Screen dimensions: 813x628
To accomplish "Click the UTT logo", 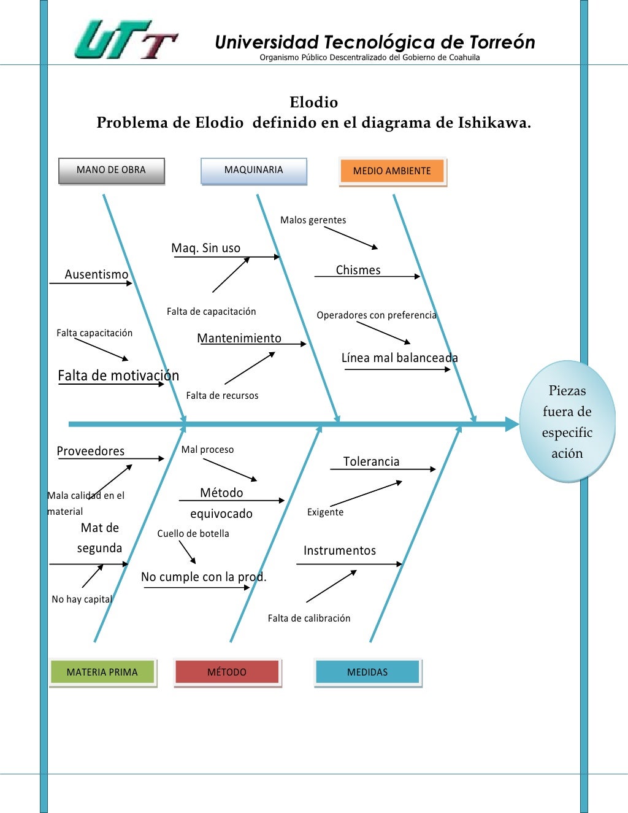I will [126, 39].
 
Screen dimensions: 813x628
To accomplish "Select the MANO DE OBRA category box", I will [111, 171].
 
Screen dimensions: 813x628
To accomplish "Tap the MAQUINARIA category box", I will [253, 171].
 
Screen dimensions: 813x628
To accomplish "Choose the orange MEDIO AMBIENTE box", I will [392, 171].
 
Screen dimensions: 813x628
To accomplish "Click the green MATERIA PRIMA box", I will [102, 672].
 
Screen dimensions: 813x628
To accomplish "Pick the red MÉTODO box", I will [227, 672].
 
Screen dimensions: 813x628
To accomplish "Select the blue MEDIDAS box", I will [367, 672].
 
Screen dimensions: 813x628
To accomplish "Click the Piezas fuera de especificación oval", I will [567, 422].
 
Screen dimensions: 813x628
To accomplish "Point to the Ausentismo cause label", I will [97, 274].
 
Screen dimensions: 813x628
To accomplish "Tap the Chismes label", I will [358, 270].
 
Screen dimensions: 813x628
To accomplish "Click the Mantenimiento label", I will [239, 338].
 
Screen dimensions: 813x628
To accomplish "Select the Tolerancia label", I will [371, 461].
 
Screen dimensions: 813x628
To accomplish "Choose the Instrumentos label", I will [340, 550].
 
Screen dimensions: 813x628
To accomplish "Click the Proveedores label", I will [91, 451].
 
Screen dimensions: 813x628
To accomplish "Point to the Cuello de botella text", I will [193, 534].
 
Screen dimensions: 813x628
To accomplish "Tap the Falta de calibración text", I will [309, 618].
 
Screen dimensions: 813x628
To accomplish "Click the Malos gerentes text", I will [313, 220].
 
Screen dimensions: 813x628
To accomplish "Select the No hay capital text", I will [82, 599].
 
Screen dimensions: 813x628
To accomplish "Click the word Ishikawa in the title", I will [492, 123].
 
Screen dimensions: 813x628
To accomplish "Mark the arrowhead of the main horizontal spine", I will [513, 424].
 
